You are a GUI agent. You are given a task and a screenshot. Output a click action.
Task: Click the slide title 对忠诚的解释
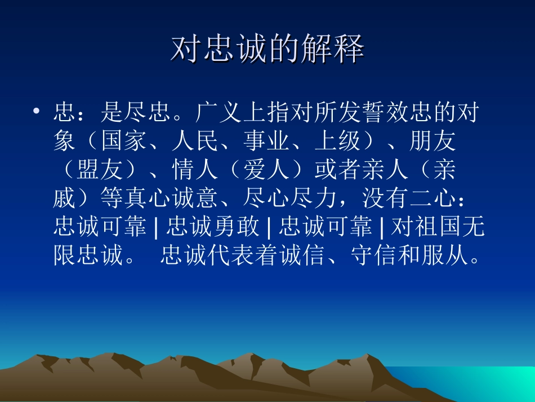[267, 50]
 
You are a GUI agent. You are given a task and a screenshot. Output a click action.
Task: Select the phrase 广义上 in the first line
[230, 113]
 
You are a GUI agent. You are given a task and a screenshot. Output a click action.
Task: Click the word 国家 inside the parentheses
[124, 142]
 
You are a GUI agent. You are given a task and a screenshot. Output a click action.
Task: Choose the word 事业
[266, 142]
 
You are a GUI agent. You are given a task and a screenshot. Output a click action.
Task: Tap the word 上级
[337, 142]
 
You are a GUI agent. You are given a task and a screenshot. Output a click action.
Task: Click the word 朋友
[432, 142]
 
